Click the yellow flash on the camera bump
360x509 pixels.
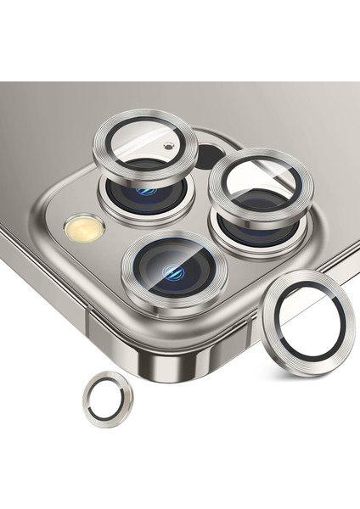pos(84,227)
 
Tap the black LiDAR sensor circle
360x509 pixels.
pos(210,156)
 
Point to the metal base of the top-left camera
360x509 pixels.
pos(115,198)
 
